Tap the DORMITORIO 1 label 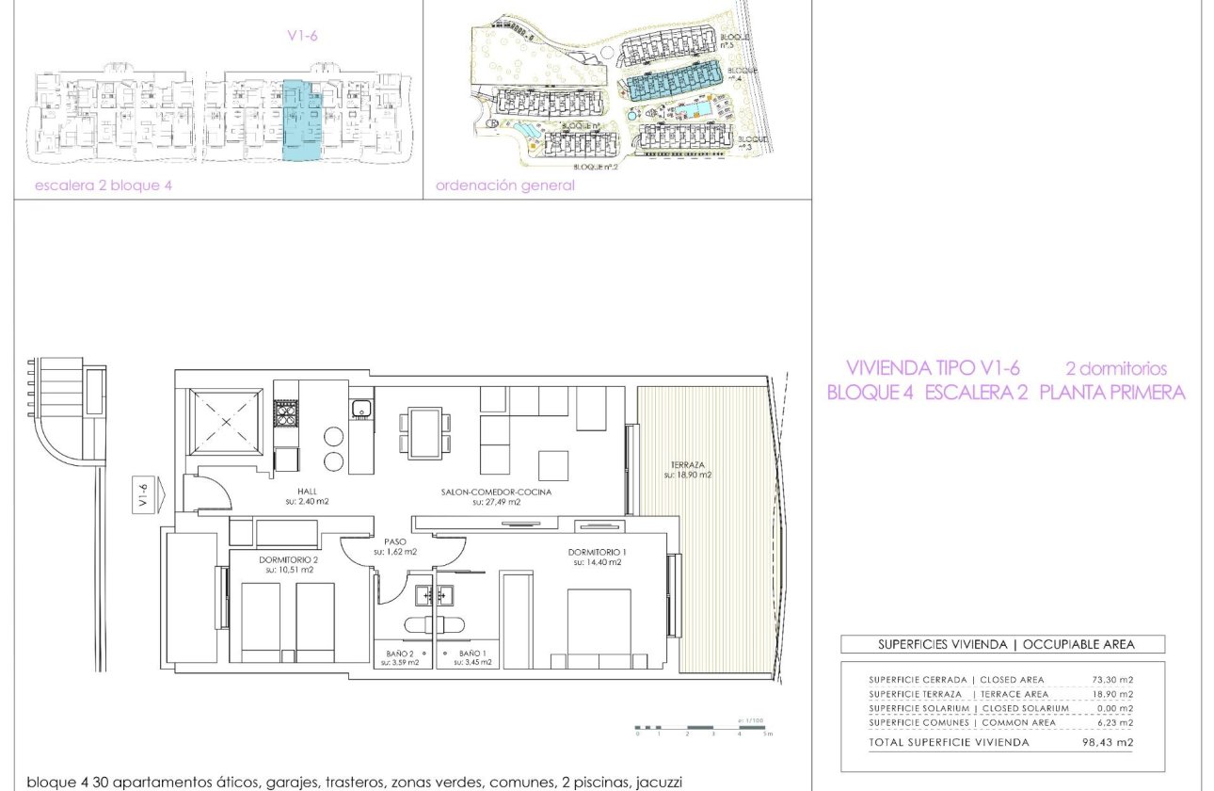point(595,552)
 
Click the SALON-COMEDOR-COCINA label point(496,492)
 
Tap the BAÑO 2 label point(401,653)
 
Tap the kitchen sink point(359,409)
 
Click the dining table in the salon point(425,432)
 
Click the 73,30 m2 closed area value point(1118,680)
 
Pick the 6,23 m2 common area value point(1118,722)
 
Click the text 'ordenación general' point(505,186)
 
